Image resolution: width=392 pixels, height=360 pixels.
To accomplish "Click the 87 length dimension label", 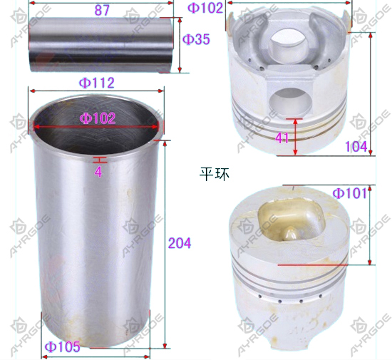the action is [102, 10].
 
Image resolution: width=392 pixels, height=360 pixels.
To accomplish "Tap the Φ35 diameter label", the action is [196, 39].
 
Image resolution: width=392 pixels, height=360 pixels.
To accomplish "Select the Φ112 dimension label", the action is [96, 83].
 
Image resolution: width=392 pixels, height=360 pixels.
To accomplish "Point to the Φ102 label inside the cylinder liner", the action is [98, 118].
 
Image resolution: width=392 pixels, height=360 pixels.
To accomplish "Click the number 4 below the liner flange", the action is [98, 172].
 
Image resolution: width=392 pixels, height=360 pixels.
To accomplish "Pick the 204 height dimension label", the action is [180, 243].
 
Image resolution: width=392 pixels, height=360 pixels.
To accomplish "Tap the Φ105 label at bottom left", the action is [63, 346].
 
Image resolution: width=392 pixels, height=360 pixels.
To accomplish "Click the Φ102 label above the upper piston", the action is [205, 8].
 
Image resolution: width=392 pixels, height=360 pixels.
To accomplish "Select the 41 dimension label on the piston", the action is [282, 138].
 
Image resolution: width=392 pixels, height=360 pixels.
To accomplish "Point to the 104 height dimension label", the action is [356, 146].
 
